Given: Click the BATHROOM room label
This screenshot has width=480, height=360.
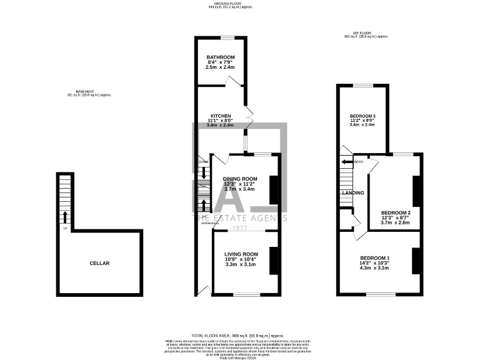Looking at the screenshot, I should click(x=221, y=57).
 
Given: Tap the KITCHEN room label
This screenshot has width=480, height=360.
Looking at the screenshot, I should click(x=220, y=116).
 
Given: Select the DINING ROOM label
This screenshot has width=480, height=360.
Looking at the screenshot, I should click(x=239, y=179).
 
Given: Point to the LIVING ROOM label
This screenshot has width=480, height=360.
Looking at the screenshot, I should click(x=241, y=254).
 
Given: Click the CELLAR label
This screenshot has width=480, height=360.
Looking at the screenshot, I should click(x=99, y=263).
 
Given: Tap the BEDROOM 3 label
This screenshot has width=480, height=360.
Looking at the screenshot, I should click(x=362, y=116).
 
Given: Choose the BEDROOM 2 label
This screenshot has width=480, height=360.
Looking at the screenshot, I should click(x=395, y=212).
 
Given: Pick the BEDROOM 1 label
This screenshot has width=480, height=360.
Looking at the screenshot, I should click(x=374, y=258).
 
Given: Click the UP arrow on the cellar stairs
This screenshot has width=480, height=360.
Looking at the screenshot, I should click(x=64, y=217).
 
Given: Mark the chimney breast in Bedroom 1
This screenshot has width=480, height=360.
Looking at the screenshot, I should click(x=415, y=260).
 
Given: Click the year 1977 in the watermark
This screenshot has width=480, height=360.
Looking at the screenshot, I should click(x=240, y=227).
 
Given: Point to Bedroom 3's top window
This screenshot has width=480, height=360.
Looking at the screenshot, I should click(x=362, y=84).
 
